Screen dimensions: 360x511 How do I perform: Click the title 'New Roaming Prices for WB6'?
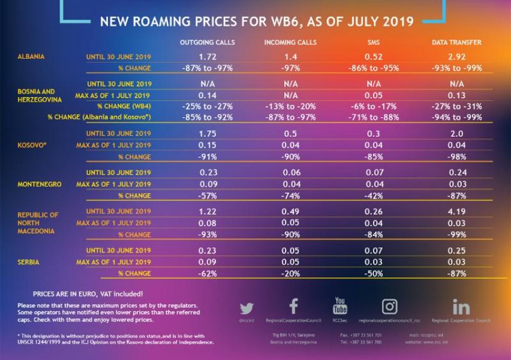coord(256,22)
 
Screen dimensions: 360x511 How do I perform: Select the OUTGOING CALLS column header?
coord(208,43)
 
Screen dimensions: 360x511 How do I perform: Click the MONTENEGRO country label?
coord(39,184)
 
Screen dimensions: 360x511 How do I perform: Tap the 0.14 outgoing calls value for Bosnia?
coord(207,95)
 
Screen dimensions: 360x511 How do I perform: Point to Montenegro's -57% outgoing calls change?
coord(207,196)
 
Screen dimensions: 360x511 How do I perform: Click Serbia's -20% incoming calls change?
coord(290,274)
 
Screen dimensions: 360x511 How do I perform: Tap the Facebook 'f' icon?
coord(293,307)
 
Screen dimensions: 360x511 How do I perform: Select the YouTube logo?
coord(339,306)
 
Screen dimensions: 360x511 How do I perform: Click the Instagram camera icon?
coord(389,307)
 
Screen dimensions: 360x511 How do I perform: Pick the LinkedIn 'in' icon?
coord(461,307)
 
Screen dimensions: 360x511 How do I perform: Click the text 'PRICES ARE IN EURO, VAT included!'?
coord(88,294)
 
